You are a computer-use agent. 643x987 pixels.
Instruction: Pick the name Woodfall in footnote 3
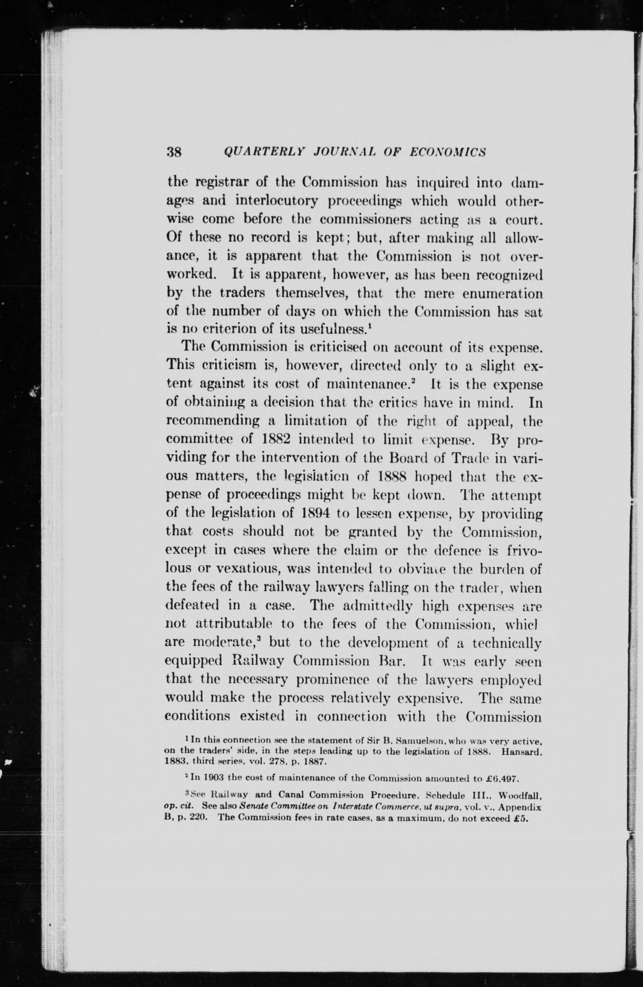click(520, 796)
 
